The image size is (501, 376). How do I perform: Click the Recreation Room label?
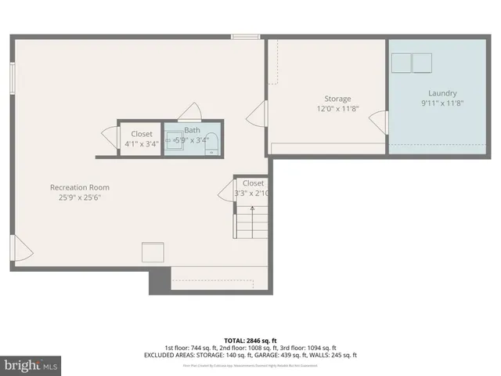(x=80, y=187)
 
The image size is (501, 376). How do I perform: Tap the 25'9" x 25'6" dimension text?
(x=80, y=197)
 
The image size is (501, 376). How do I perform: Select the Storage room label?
(x=337, y=99)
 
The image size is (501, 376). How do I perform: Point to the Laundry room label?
(x=442, y=93)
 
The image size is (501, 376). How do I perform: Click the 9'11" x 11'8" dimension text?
(x=442, y=103)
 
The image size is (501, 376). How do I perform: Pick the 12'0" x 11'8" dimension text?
(x=337, y=109)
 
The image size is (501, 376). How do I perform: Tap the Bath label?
(x=192, y=130)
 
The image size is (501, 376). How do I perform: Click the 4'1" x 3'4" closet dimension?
(x=142, y=143)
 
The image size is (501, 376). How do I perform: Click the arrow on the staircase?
(x=252, y=208)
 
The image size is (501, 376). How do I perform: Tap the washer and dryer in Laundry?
(x=412, y=63)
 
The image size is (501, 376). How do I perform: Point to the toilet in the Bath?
(x=207, y=151)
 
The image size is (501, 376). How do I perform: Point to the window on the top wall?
(x=245, y=35)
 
